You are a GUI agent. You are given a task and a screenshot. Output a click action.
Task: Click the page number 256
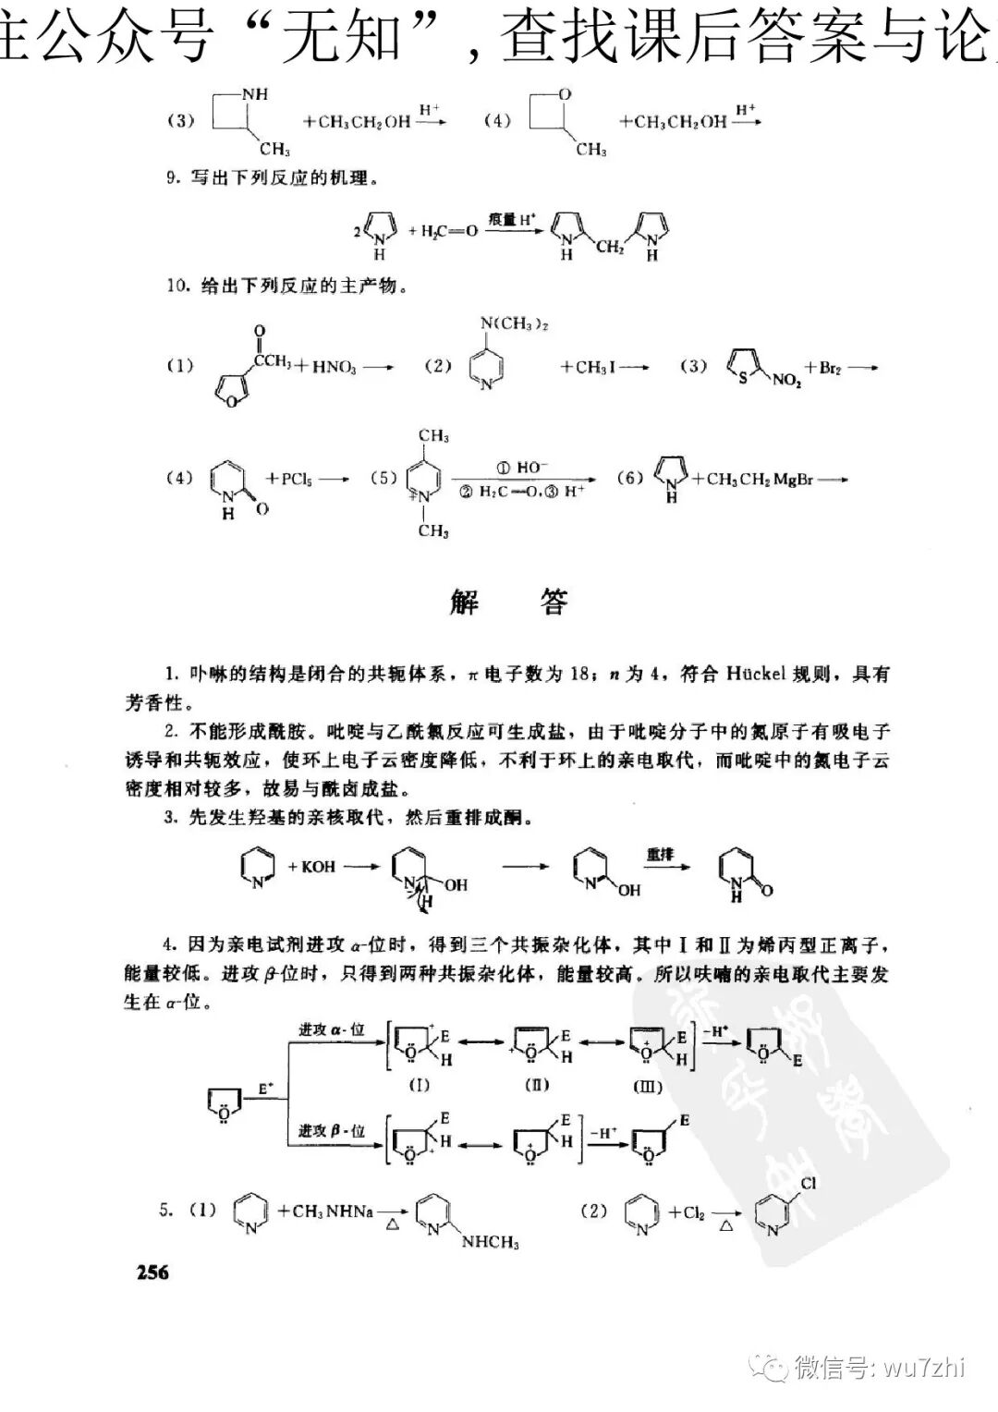152,1272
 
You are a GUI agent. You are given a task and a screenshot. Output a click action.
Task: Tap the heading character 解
464,603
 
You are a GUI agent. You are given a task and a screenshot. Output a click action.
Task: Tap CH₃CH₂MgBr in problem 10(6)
760,479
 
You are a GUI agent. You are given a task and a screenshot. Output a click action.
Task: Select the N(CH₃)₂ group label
515,323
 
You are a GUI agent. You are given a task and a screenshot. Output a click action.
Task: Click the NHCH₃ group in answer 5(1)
491,1242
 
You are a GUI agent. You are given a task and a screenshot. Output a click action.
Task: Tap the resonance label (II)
537,1085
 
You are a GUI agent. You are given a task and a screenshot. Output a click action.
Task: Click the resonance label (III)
647,1086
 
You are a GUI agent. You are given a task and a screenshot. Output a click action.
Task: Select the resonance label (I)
419,1085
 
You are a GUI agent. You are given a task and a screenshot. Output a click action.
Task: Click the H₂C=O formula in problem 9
450,230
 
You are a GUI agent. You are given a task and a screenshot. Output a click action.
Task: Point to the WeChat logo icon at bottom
769,1366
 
